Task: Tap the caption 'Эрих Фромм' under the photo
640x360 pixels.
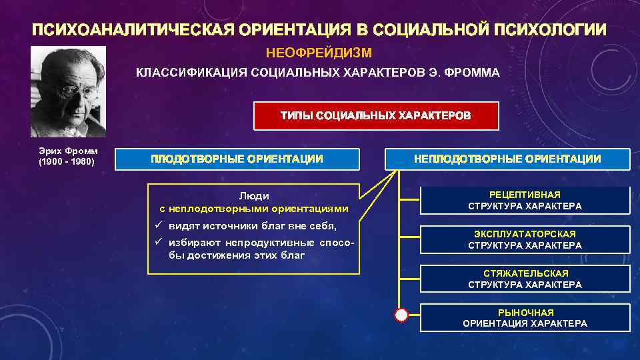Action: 68,151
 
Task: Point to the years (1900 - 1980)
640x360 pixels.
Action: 68,162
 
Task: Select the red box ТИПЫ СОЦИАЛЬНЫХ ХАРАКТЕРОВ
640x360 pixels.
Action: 366,115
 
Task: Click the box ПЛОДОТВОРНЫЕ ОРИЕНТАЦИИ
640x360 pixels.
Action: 237,159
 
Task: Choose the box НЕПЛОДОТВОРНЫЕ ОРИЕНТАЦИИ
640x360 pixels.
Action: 507,159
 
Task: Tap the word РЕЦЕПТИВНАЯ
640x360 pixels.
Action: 525,195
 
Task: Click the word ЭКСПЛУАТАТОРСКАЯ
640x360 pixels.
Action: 525,234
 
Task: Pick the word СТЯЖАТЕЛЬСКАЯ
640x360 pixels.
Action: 525,273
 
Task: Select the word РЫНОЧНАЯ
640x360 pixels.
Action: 525,312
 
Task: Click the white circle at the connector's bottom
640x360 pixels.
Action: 401,315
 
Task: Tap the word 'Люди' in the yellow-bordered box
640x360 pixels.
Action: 254,196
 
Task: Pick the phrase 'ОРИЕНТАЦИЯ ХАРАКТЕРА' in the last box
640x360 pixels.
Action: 525,323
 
